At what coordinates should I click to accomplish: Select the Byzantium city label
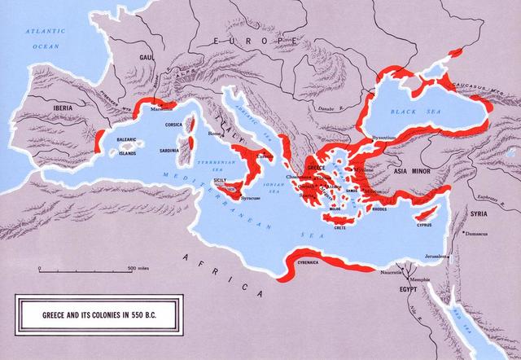pyautogui.click(x=382, y=137)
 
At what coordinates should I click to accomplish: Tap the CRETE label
pyautogui.click(x=352, y=229)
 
